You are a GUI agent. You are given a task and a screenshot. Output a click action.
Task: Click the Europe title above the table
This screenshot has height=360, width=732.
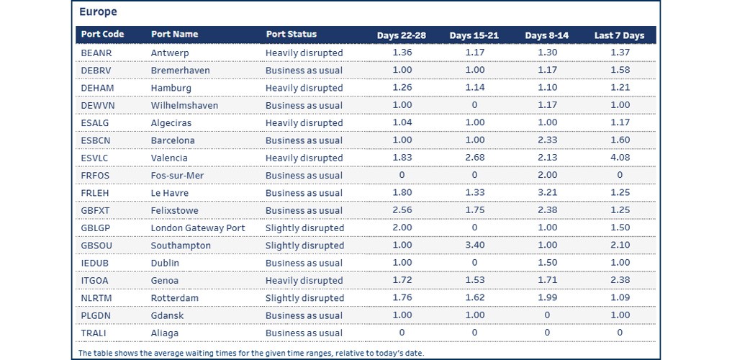coord(98,12)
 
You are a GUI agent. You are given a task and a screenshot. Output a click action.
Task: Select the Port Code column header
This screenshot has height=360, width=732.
coord(102,35)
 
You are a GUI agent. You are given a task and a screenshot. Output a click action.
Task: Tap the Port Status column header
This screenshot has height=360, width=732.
coord(291,35)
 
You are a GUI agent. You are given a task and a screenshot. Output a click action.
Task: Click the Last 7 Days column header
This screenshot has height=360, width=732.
coord(619,35)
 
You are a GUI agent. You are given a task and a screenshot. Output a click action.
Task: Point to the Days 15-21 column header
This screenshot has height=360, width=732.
coord(474,35)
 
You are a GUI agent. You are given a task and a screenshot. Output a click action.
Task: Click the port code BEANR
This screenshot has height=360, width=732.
coord(96,53)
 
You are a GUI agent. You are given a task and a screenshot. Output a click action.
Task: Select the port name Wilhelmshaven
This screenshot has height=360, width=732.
coord(184,106)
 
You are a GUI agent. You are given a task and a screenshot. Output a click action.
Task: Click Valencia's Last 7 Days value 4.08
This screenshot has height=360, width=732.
coord(620,158)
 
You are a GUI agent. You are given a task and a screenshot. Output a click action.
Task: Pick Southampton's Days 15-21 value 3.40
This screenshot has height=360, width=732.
coord(475,246)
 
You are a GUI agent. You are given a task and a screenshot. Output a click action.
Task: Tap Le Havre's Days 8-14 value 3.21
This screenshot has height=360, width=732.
coord(547,193)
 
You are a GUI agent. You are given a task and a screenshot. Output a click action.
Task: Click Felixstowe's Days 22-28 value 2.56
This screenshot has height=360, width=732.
coord(402,210)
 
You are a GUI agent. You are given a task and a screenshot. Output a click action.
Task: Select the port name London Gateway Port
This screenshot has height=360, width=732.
coord(198,228)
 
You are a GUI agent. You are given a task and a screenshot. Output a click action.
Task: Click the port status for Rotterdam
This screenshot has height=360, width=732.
coord(304,298)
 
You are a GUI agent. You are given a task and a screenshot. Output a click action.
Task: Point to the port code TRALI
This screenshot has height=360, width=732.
coord(94,333)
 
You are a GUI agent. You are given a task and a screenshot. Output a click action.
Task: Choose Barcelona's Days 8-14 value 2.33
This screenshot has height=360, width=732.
coord(547,140)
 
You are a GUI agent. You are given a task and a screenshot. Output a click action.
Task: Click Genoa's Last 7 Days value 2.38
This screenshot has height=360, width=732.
coord(620,281)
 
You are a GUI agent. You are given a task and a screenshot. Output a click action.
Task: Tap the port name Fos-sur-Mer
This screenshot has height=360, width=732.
coord(177,176)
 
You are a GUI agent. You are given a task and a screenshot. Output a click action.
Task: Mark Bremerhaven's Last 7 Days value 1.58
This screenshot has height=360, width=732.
coord(620,71)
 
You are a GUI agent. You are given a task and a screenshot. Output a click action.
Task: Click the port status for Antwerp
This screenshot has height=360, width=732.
coord(304,53)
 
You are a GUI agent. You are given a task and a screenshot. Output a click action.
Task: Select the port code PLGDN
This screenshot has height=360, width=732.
coord(97,315)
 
